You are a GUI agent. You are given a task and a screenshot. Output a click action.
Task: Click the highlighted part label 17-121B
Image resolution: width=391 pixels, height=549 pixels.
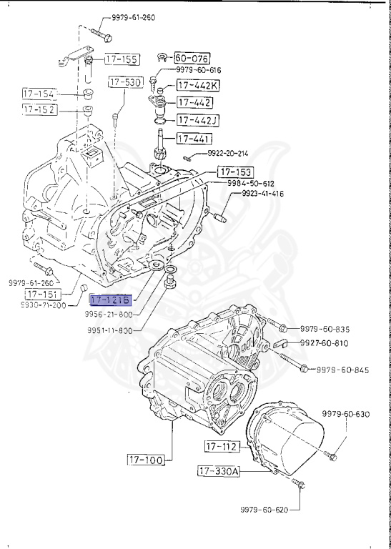tap(112, 301)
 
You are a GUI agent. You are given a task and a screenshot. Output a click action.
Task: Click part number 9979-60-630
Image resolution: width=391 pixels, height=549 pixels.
tap(345, 414)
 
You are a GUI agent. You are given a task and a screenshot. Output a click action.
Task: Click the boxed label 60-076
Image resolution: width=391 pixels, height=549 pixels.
tap(192, 57)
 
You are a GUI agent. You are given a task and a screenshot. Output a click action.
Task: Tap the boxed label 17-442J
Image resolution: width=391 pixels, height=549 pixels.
tap(198, 120)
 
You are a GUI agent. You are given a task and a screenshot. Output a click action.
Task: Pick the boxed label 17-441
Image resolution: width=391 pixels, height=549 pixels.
tap(194, 138)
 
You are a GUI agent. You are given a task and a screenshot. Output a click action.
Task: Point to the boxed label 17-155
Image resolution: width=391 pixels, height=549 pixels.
tap(122, 59)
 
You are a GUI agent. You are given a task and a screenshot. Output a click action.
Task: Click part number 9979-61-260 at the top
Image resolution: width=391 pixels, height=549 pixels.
tap(134, 17)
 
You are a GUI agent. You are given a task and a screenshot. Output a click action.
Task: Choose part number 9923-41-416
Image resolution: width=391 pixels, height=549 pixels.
tap(262, 194)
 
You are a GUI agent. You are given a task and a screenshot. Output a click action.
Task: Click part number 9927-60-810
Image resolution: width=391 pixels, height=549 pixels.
tap(324, 343)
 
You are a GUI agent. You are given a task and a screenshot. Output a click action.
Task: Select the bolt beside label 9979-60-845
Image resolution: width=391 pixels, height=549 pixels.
tap(304, 369)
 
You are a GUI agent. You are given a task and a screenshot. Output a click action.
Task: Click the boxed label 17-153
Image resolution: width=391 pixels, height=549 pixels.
tap(235, 172)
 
